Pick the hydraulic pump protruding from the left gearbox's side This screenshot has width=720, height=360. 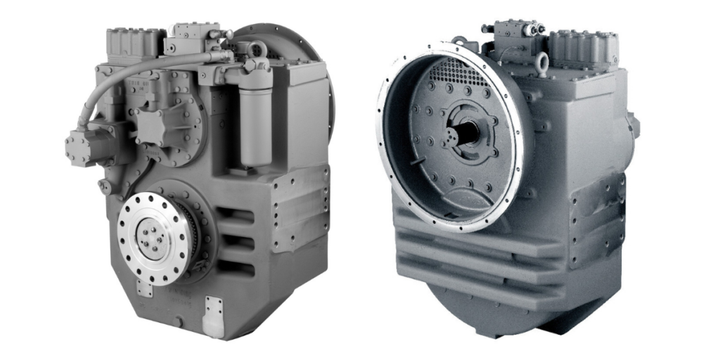pos(84,144)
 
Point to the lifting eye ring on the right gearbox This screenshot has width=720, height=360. pos(543,63)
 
